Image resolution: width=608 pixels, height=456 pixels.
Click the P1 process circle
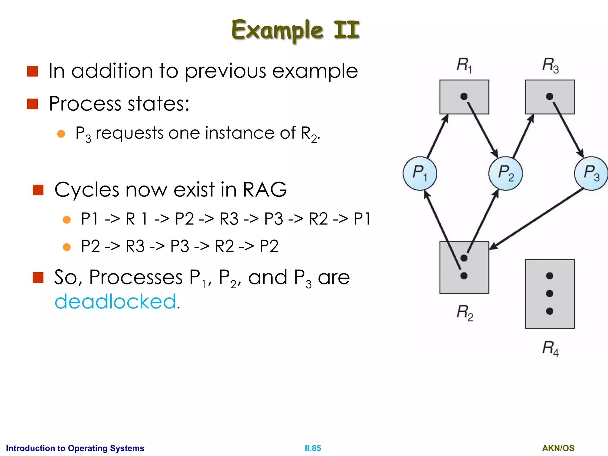click(x=419, y=173)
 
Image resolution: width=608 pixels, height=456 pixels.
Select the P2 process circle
click(x=506, y=173)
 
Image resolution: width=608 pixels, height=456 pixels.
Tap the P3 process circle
click(x=591, y=173)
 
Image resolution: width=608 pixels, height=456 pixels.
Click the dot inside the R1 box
click(x=464, y=96)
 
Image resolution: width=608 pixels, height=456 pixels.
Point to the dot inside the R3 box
click(x=550, y=96)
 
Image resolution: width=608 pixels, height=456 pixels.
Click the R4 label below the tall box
click(x=550, y=349)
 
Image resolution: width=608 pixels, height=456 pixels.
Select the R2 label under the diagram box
click(x=465, y=313)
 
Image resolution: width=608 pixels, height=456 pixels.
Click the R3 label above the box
click(x=550, y=65)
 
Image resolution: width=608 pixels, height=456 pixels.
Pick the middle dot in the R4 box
click(x=550, y=293)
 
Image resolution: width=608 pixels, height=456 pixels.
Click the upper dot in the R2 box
click(x=464, y=258)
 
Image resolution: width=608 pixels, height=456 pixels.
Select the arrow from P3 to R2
click(x=537, y=218)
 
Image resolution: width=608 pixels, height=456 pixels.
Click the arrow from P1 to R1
click(x=437, y=137)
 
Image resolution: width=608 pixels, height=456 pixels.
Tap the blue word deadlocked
click(x=115, y=301)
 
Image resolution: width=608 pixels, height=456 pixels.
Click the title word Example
click(x=277, y=30)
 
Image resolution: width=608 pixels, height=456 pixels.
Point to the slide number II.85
click(x=313, y=448)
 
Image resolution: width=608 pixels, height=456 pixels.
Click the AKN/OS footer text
click(x=558, y=448)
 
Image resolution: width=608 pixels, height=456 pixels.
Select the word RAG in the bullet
click(x=265, y=189)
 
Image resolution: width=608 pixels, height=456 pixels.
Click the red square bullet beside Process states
click(x=32, y=104)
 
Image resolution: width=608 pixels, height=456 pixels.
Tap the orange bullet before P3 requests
click(x=61, y=134)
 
